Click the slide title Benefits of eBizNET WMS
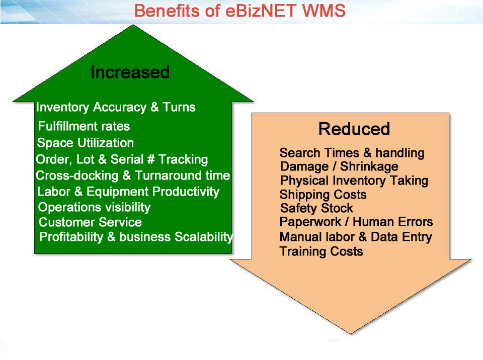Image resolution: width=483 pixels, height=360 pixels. point(240,11)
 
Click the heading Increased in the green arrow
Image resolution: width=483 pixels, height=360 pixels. point(130,72)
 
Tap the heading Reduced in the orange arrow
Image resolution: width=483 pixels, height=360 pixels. point(354,129)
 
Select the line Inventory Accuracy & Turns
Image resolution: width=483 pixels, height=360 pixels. point(116,107)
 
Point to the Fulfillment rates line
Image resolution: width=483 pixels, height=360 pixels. point(84,126)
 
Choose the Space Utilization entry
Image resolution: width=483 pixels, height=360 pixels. point(86,143)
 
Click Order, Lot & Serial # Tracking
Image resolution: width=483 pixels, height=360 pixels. point(122,160)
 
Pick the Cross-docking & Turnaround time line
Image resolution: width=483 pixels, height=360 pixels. point(133,176)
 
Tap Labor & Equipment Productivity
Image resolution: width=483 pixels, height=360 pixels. point(128,192)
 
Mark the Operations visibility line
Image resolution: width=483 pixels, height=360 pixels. point(94,207)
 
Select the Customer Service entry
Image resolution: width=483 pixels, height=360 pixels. point(90,222)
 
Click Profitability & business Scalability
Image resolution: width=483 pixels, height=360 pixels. point(136,237)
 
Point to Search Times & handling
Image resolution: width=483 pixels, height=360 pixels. point(352,153)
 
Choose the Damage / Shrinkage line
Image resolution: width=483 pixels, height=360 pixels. point(339,166)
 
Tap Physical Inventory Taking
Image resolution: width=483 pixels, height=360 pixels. point(354,181)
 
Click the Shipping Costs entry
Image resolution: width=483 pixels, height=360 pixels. point(323,195)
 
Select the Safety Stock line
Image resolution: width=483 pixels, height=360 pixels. point(316,208)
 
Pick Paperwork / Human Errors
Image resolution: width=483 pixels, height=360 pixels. point(356,222)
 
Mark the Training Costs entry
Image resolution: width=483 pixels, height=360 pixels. point(321,251)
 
